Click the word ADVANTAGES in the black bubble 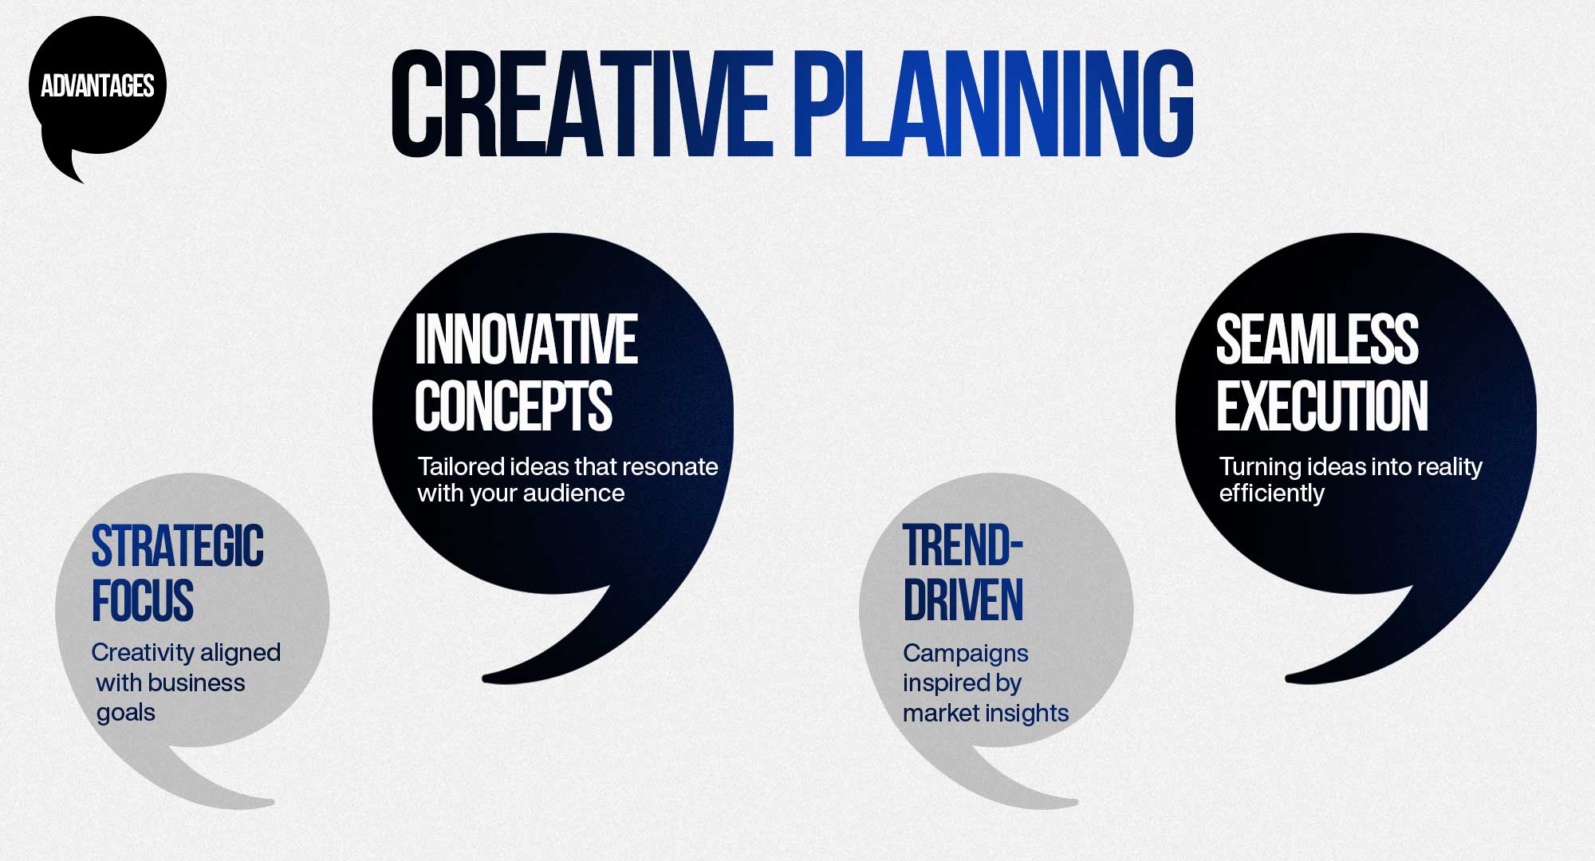pyautogui.click(x=97, y=86)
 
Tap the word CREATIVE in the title pyautogui.click(x=581, y=104)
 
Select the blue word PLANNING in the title pyautogui.click(x=992, y=104)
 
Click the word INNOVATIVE pyautogui.click(x=526, y=340)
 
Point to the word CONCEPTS pyautogui.click(x=513, y=406)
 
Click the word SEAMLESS pyautogui.click(x=1317, y=340)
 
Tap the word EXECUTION pyautogui.click(x=1321, y=406)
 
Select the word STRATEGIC pyautogui.click(x=177, y=547)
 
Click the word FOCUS pyautogui.click(x=143, y=601)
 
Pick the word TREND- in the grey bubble pyautogui.click(x=963, y=547)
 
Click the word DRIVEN pyautogui.click(x=963, y=601)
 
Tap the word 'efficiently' pyautogui.click(x=1271, y=493)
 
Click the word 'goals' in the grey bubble pyautogui.click(x=126, y=713)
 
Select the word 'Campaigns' pyautogui.click(x=965, y=654)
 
